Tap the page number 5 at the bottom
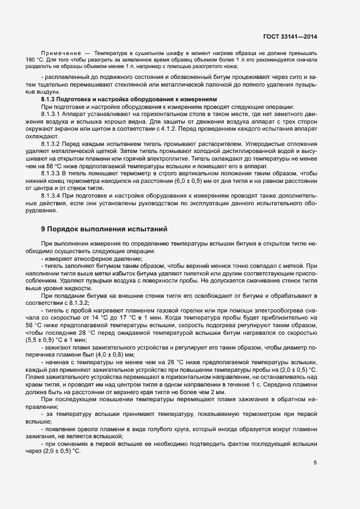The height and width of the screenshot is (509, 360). (315, 463)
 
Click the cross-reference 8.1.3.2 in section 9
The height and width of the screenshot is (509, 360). (79, 303)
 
